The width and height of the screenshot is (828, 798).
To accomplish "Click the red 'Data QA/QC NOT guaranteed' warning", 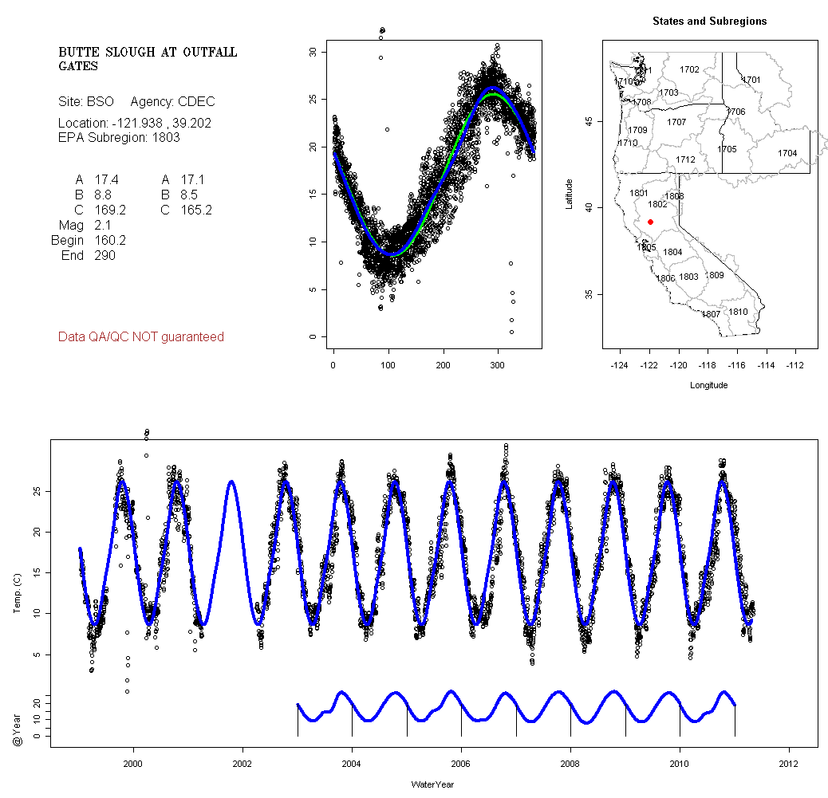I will (x=141, y=337).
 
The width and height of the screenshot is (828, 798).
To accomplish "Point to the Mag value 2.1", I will (x=101, y=226).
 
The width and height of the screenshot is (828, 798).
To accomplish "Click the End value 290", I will (x=104, y=256).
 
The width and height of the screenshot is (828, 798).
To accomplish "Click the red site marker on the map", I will (x=651, y=222).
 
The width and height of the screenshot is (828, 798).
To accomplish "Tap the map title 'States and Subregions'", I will (x=709, y=22).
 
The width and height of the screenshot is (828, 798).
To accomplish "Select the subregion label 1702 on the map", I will (x=689, y=70).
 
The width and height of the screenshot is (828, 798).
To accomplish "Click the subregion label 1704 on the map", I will (x=787, y=153).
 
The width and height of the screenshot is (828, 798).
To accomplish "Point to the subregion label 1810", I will (x=739, y=312).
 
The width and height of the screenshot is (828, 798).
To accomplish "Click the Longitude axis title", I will (x=708, y=386).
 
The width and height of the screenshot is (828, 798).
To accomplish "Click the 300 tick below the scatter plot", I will (x=498, y=366).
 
